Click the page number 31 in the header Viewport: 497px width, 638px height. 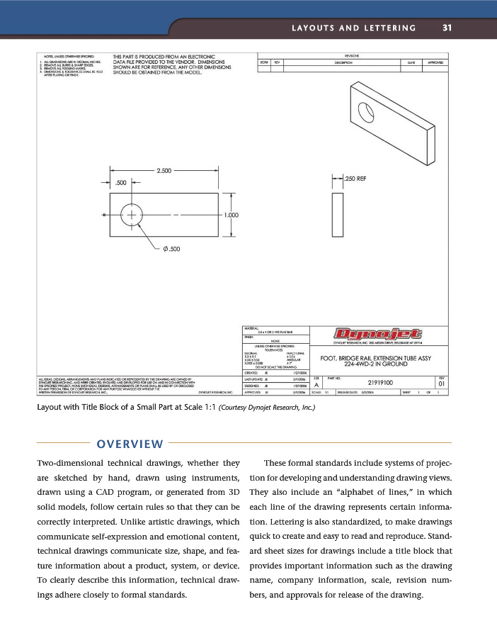tap(447, 28)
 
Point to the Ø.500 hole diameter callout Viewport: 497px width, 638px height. tap(171, 249)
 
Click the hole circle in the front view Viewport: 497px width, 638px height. tap(132, 214)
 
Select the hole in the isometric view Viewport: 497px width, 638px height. tap(366, 111)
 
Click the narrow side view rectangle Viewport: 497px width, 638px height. tap(336, 214)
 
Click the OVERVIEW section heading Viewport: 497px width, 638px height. tap(130, 444)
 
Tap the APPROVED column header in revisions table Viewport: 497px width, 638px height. tap(433, 62)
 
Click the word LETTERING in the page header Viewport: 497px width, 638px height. tap(389, 28)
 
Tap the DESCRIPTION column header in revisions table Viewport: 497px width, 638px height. tap(343, 62)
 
